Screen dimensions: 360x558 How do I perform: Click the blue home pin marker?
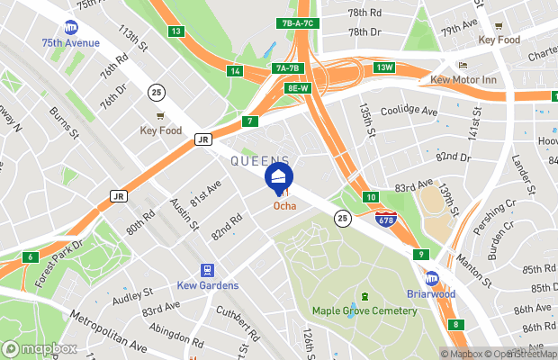tap(279, 175)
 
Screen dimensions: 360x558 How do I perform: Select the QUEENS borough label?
tap(260, 160)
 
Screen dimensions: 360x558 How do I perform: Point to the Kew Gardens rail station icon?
tap(207, 270)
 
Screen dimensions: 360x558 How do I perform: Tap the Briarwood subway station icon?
tap(432, 278)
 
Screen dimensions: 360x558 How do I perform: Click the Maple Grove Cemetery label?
tap(364, 311)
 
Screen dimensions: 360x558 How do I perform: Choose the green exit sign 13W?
tap(385, 67)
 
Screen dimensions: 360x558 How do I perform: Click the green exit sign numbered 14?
tap(236, 70)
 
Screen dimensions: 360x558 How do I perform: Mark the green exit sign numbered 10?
tap(371, 197)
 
